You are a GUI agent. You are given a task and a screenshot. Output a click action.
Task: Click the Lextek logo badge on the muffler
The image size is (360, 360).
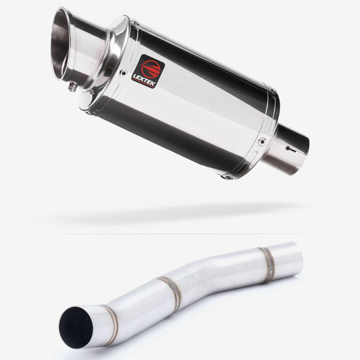151,72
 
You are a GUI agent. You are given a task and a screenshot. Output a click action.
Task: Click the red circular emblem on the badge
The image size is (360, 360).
152,68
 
